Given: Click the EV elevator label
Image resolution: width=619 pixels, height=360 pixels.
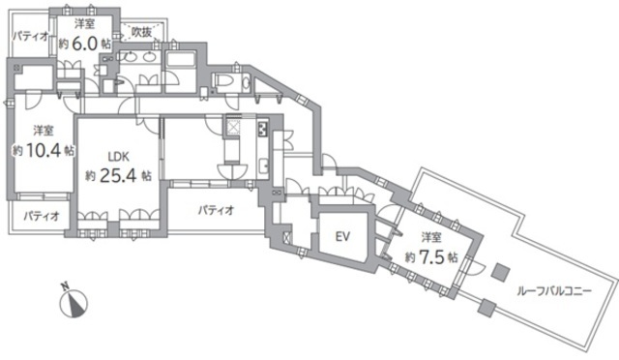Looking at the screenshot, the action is [342, 237].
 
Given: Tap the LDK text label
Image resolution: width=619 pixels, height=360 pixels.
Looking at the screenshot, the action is [119, 157].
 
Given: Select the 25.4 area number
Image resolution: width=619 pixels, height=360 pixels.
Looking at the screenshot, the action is [118, 176].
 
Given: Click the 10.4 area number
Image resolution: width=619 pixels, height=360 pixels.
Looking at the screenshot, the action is [44, 150].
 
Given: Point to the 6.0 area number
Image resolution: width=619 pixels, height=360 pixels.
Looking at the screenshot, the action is [84, 44].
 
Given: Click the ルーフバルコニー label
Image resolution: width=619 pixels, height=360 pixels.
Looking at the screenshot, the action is [554, 292].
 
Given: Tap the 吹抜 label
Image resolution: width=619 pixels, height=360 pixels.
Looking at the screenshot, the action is [142, 32].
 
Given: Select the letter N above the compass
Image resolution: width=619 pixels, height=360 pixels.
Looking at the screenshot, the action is [65, 285].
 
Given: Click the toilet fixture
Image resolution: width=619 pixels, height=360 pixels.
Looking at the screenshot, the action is [231, 83].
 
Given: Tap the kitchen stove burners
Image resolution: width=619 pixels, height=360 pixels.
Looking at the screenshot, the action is [262, 129].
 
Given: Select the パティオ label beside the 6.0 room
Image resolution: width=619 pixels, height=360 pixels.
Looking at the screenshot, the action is [30, 37].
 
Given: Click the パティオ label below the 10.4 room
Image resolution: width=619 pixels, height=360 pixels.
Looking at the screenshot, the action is [42, 216].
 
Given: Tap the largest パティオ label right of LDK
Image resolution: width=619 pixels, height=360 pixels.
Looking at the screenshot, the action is [216, 209].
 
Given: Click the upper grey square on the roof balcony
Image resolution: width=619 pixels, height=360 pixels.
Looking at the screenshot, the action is [501, 272].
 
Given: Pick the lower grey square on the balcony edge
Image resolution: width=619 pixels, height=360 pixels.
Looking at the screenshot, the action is [486, 307].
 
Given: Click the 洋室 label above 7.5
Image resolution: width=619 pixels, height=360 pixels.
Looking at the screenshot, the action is [431, 237].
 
